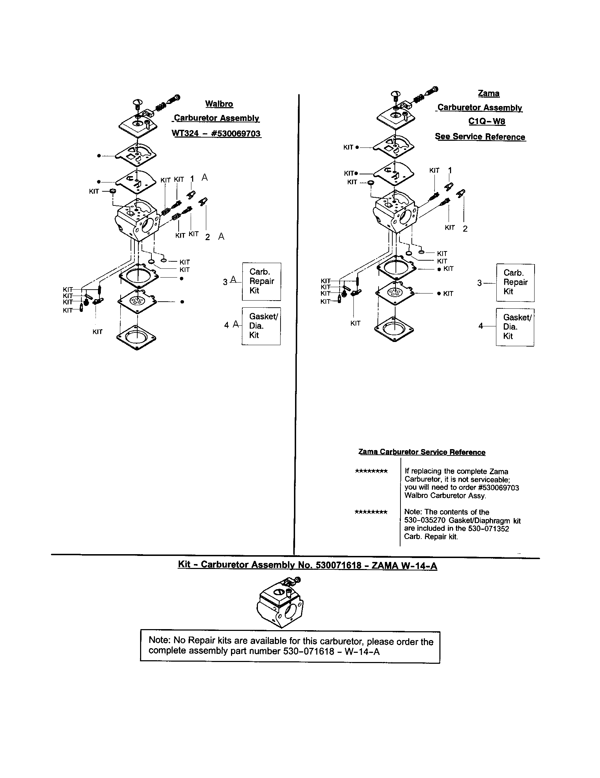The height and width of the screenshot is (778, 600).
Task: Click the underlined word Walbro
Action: [x=219, y=104]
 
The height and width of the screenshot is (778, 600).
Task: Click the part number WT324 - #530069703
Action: [x=216, y=134]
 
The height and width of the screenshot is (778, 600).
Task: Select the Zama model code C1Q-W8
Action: [x=486, y=121]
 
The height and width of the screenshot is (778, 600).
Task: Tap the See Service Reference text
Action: [x=480, y=137]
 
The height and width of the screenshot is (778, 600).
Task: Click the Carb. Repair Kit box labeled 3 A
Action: [x=261, y=281]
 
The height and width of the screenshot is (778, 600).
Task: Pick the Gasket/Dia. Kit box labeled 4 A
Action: [x=261, y=326]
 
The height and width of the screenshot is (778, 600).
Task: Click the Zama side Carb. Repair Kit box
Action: [x=515, y=283]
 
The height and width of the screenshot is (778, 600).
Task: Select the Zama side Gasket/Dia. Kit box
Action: [x=515, y=327]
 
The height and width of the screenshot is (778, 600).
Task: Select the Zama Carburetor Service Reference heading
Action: [x=421, y=452]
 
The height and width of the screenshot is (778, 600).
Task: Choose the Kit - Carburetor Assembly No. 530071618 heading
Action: [x=307, y=565]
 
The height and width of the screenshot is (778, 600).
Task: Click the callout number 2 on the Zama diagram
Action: [x=465, y=229]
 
